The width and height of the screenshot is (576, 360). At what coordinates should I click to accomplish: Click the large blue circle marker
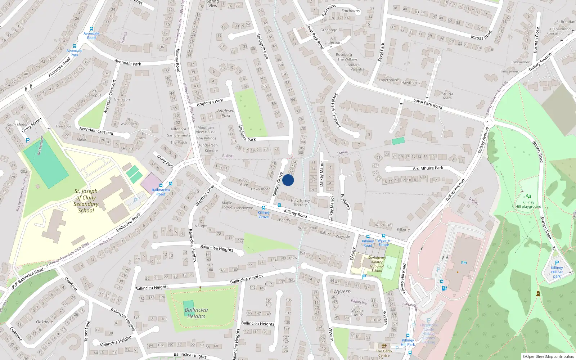pos(288,180)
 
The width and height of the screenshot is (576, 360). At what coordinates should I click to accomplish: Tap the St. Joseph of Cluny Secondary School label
pos(86,201)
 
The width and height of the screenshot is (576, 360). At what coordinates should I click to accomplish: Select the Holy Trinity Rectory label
pos(300,203)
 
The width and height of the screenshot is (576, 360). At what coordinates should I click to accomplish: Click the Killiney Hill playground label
pos(528,204)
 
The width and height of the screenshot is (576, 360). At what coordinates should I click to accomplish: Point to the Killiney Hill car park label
pos(557,272)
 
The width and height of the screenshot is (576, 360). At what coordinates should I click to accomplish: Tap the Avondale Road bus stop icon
pos(91,29)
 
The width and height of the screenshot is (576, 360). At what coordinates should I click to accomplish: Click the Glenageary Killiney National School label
pos(377,264)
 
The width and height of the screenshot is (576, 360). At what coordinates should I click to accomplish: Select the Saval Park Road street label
pos(428,104)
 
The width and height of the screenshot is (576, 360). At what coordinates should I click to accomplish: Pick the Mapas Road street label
pos(481,35)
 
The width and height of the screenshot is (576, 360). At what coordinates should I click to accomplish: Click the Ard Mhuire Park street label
pos(428,168)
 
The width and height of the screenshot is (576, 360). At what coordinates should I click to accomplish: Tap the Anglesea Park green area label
pos(226,113)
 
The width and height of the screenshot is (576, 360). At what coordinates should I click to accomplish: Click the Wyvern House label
pos(357,312)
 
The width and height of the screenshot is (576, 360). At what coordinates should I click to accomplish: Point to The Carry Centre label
pos(384,353)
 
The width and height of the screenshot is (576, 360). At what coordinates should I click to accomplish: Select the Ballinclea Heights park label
pos(196,313)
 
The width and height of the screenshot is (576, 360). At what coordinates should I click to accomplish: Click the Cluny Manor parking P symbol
pos(28,140)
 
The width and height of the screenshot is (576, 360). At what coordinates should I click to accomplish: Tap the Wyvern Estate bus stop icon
pos(384,236)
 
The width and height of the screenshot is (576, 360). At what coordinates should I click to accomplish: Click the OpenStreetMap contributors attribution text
pos(548,356)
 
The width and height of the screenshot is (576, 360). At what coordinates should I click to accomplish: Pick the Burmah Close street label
pos(536,40)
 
